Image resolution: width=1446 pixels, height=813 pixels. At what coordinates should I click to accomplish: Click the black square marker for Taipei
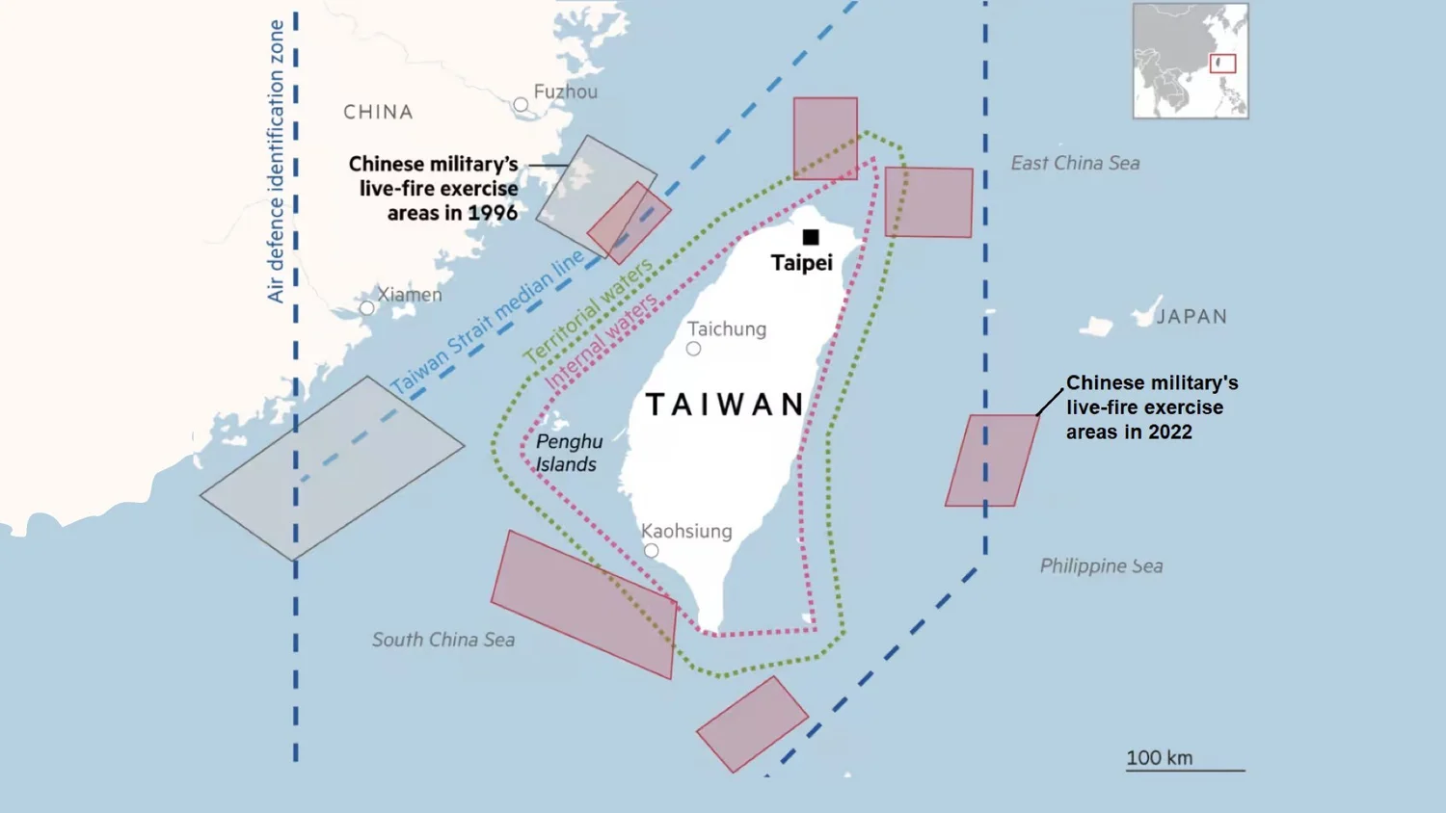pos(811,237)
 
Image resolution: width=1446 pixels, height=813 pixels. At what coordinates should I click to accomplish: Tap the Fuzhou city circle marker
pos(521,104)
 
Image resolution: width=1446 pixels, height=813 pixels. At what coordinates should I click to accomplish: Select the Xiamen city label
pos(410,295)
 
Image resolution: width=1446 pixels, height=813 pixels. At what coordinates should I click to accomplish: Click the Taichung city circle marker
pos(693,349)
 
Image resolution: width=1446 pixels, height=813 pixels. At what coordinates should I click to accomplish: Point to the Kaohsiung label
pos(686,531)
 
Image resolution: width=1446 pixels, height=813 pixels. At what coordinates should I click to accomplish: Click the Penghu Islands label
pos(568,453)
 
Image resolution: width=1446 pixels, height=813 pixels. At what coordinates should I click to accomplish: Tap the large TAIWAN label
pos(725,405)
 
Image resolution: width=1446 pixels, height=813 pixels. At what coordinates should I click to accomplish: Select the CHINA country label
pos(378,112)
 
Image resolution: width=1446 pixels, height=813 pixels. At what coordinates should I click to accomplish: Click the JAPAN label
pos(1192,316)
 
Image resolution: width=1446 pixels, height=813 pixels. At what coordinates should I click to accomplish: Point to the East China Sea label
pos(1075,163)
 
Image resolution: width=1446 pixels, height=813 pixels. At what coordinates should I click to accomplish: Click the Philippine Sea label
pos(1101,565)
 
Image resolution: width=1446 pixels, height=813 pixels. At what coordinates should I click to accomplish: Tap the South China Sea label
pos(443,640)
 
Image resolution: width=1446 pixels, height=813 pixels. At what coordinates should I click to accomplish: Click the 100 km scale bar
pos(1185,769)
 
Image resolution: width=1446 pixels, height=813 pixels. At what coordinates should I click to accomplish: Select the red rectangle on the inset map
pos(1222,64)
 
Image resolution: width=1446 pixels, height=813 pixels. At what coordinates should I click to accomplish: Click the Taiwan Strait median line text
pos(487,323)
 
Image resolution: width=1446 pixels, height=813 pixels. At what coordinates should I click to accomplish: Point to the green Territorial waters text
pos(587,311)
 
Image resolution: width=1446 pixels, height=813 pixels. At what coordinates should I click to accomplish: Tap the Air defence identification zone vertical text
pos(276,161)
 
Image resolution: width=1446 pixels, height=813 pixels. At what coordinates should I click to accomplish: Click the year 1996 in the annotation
pos(493,213)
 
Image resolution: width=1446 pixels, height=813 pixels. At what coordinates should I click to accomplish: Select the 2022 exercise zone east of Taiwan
pos(991,460)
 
